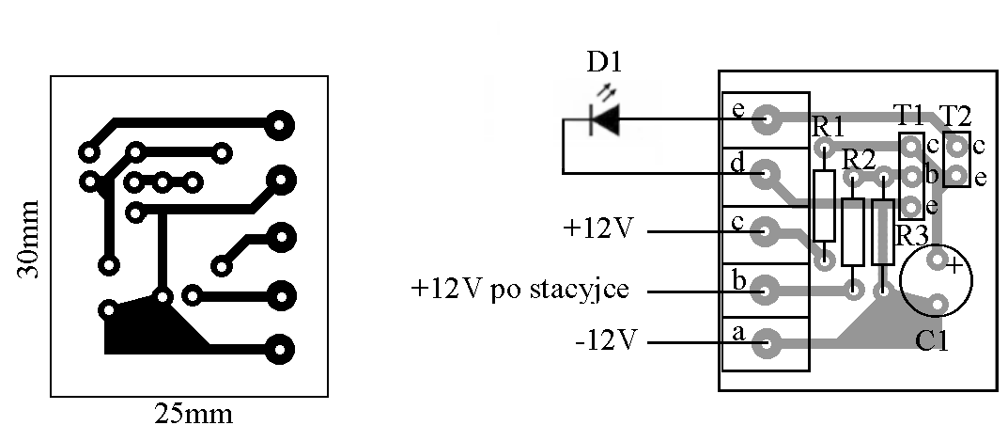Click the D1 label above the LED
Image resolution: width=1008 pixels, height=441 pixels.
tap(604, 63)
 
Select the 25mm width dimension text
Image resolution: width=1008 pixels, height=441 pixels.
tap(193, 414)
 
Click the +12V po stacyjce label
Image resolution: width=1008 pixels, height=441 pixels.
tap(518, 289)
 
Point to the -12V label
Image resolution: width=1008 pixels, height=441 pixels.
tap(607, 339)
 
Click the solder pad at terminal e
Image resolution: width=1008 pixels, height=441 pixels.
tap(768, 118)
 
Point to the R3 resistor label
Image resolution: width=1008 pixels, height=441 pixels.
tap(911, 235)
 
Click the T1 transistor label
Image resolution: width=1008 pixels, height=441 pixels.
tap(908, 116)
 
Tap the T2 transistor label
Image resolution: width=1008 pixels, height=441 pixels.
tap(954, 116)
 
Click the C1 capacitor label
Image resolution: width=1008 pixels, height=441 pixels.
tap(931, 340)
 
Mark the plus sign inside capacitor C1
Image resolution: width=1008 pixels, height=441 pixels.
tap(954, 266)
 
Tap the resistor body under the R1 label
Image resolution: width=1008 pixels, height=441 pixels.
tap(824, 206)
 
